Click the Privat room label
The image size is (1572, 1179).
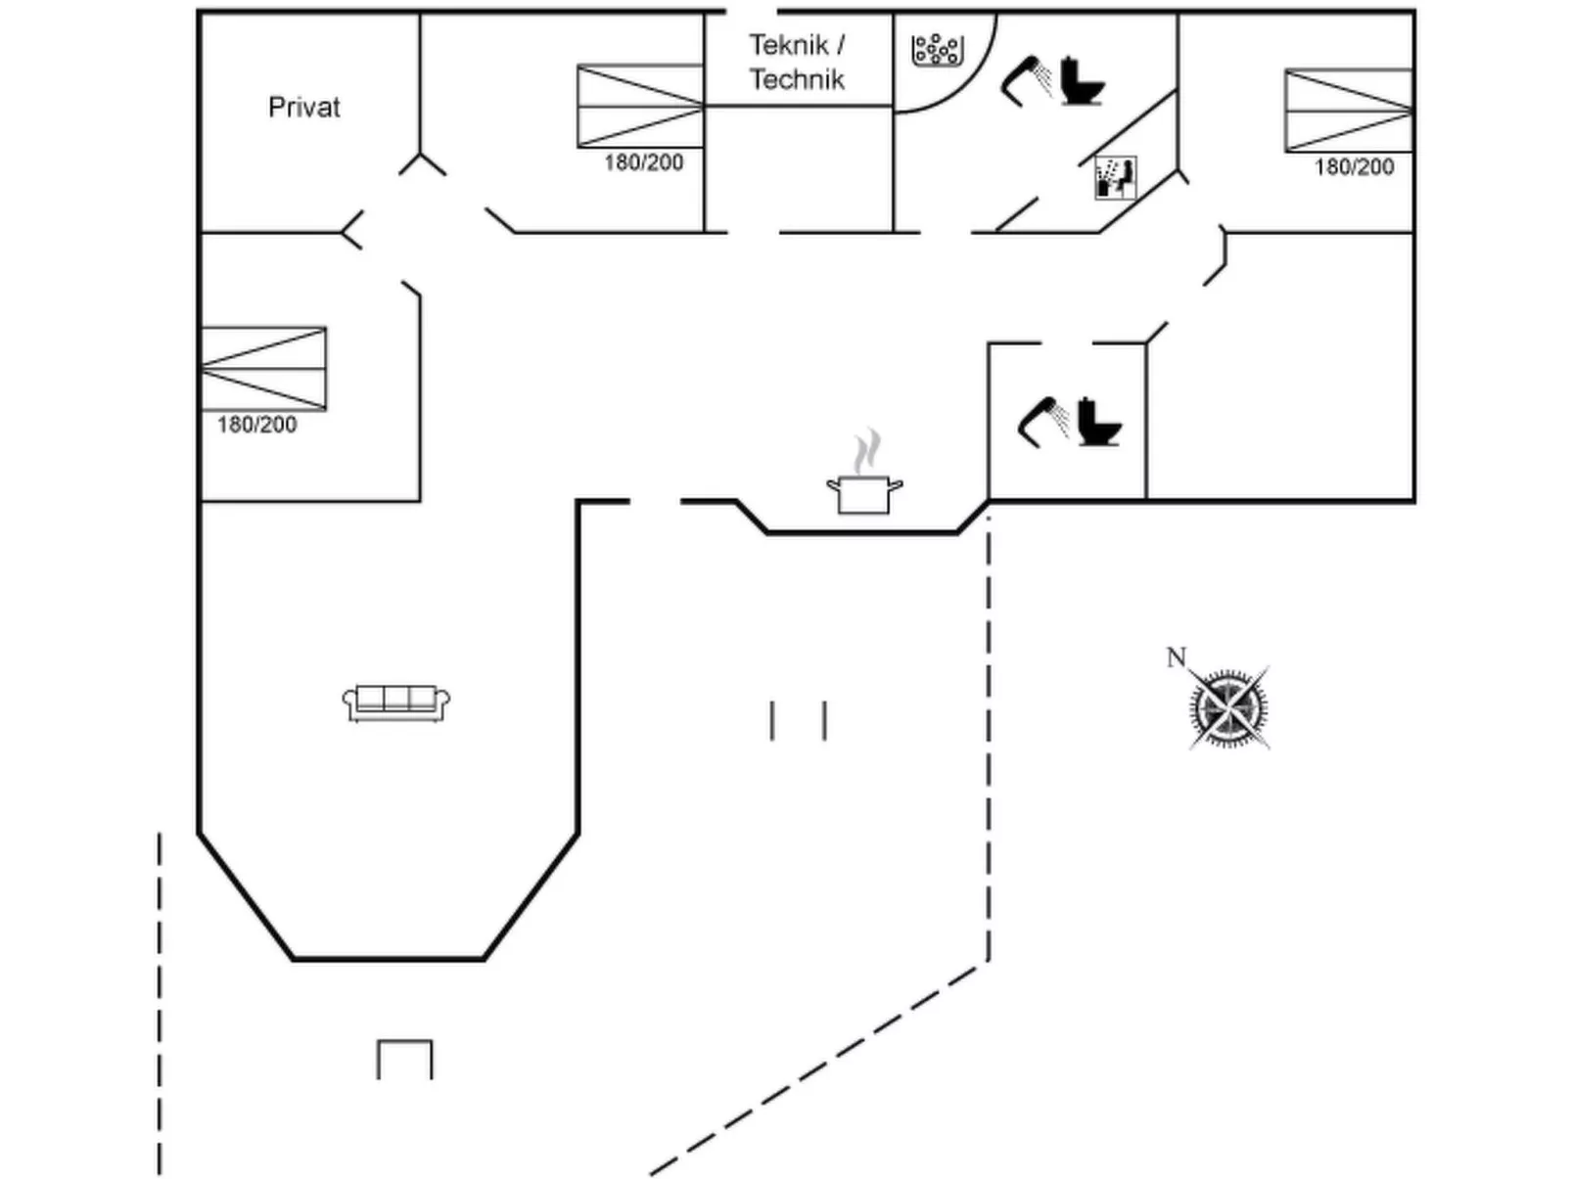click(x=303, y=107)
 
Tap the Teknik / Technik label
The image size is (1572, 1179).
click(x=797, y=62)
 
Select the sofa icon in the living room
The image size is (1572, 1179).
click(x=396, y=702)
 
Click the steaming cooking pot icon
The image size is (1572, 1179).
click(x=864, y=483)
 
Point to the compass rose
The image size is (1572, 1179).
click(x=1229, y=706)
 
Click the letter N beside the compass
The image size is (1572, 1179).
click(x=1176, y=657)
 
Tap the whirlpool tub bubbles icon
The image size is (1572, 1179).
click(x=937, y=50)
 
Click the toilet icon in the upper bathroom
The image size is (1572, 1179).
click(x=1082, y=81)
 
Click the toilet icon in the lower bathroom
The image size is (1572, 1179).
click(x=1098, y=422)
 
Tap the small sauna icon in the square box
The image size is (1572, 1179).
click(x=1115, y=178)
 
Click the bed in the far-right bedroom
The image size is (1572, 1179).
click(x=1348, y=110)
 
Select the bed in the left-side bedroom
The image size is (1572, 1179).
click(x=263, y=368)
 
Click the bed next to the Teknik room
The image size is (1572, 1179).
click(x=640, y=106)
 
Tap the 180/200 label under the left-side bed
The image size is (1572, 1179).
click(x=256, y=425)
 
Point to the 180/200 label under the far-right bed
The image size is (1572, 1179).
click(x=1354, y=167)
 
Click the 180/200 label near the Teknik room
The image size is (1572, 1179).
click(x=643, y=162)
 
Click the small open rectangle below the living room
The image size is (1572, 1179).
click(x=404, y=1059)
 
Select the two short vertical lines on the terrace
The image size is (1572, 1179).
click(x=798, y=720)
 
